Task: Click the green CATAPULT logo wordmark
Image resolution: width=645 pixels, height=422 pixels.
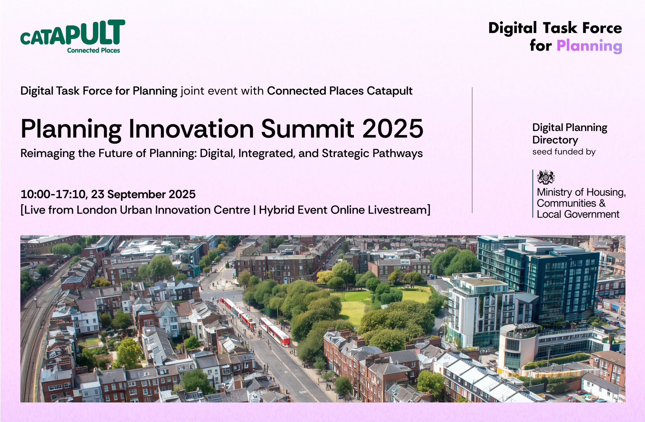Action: coord(73,32)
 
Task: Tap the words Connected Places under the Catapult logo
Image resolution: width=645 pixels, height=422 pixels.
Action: coord(93,50)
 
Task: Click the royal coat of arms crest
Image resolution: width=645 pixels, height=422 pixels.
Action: coord(546,177)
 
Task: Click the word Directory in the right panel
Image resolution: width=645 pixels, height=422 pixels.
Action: coord(555,140)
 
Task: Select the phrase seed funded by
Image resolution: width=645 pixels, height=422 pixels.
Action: coord(564,152)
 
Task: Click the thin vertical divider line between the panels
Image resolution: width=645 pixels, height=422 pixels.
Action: coord(472,150)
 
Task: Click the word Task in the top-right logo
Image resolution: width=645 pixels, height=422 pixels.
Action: coord(560,28)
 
